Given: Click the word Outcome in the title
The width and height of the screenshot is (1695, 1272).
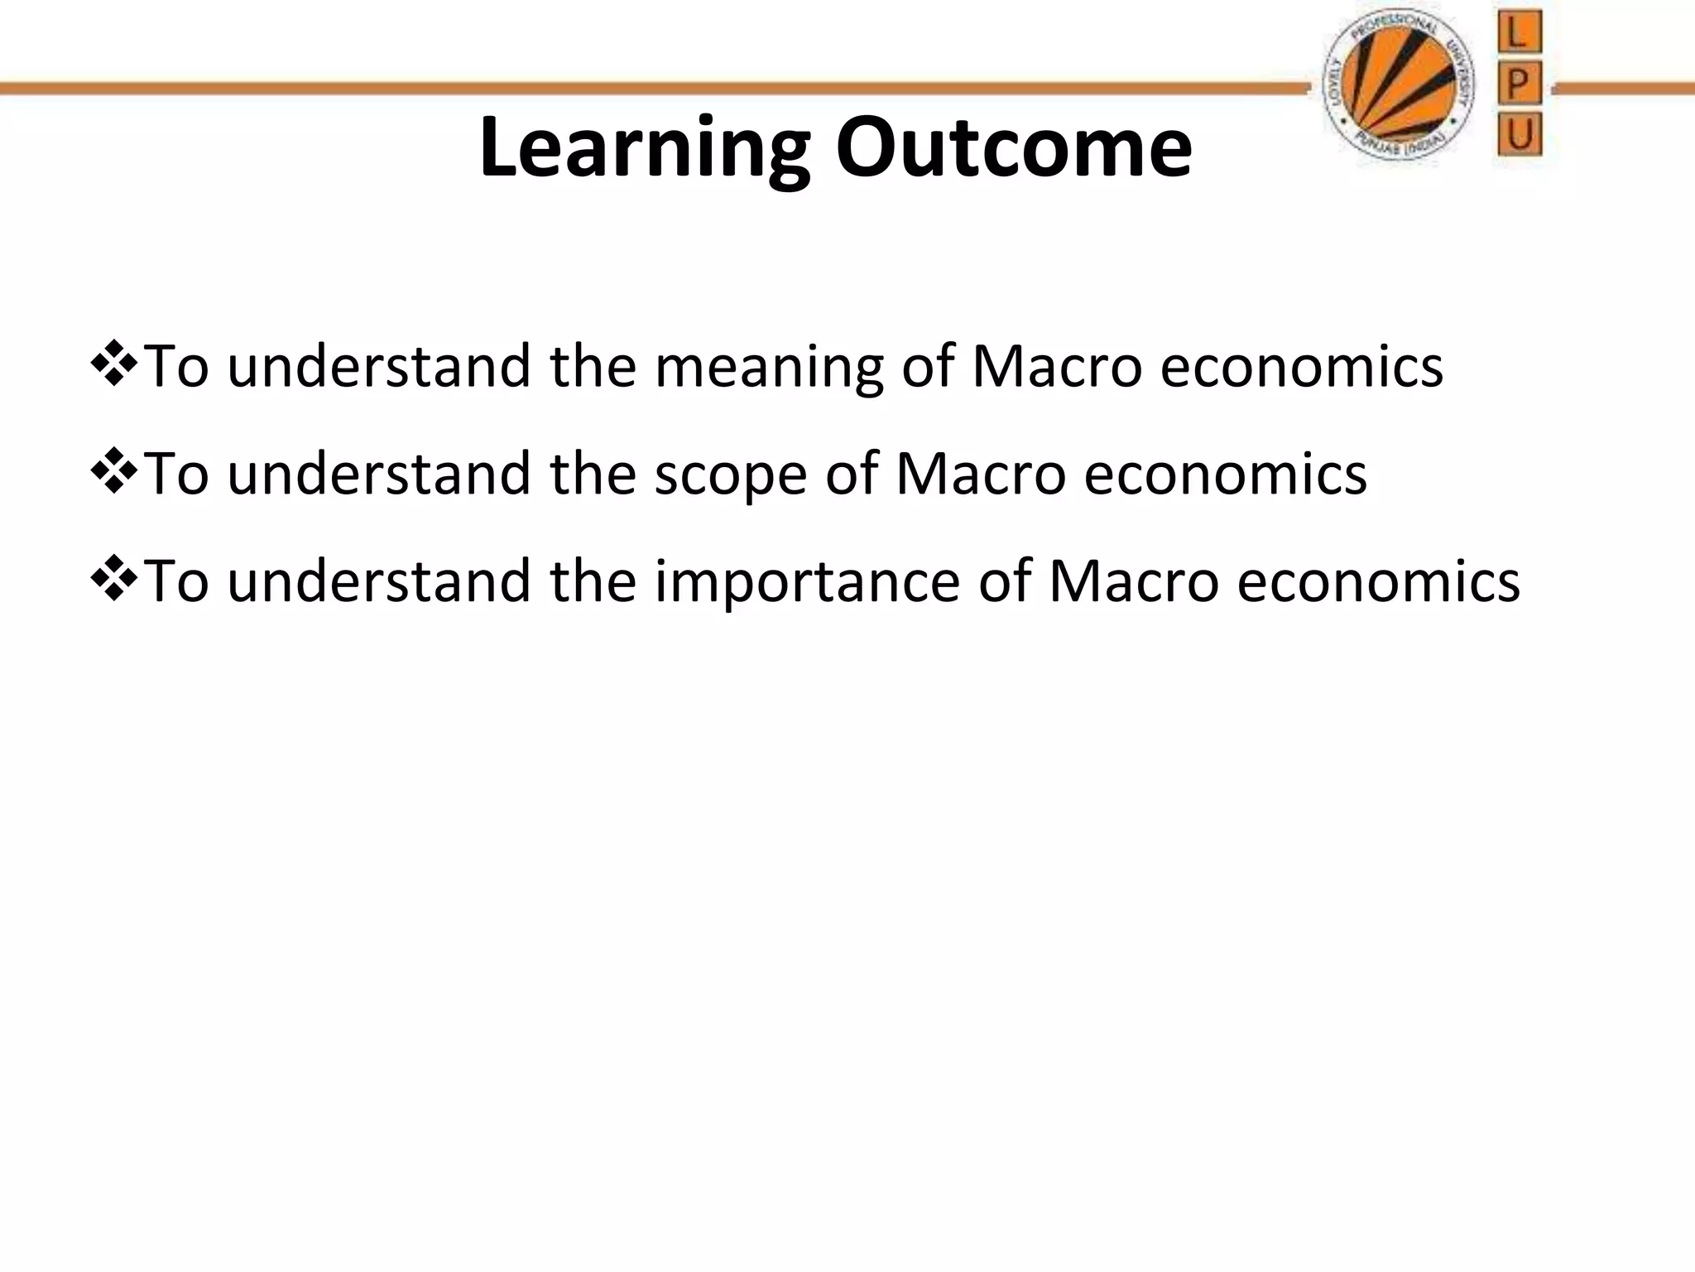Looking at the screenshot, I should [x=1013, y=149].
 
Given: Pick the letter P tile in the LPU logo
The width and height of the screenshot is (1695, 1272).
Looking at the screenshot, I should [x=1519, y=84].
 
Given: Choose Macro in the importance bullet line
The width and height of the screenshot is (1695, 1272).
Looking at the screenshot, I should [x=1134, y=581].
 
